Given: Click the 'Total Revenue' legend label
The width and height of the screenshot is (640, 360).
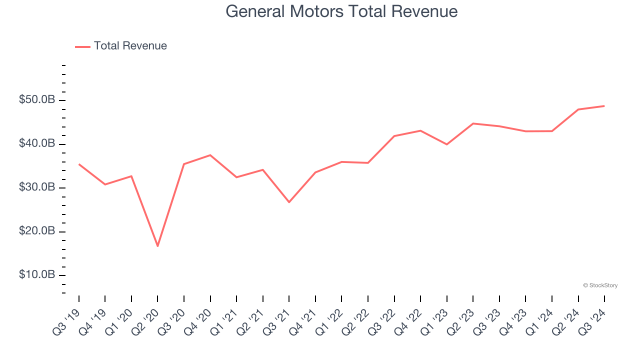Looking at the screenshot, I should [130, 46].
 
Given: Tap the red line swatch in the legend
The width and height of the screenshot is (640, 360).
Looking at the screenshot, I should [82, 46].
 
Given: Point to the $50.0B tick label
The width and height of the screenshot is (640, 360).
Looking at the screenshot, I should [37, 100].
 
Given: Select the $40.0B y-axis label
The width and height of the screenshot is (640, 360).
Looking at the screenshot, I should [37, 144].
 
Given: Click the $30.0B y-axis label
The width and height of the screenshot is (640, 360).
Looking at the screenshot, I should [37, 187].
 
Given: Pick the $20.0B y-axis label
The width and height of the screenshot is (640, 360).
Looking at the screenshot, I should [37, 231].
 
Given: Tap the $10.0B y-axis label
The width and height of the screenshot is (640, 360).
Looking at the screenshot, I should [37, 275].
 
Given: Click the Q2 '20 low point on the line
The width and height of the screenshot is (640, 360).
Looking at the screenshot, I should [157, 246].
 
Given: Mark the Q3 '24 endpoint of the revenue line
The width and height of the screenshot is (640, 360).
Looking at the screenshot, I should [604, 106].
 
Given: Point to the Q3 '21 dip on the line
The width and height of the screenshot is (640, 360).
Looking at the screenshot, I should [289, 202].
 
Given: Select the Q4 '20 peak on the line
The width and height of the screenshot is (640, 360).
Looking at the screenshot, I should [210, 155].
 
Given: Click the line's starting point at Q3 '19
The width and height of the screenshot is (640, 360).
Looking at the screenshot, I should [79, 164].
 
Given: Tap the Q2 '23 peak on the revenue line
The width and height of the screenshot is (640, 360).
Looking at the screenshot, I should [473, 123].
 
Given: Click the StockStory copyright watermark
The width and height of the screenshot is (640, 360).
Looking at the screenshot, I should [600, 285].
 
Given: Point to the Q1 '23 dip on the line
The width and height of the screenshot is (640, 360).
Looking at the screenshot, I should [446, 144].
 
